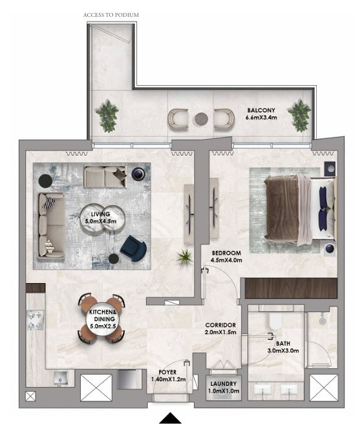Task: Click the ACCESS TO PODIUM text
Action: (111, 15)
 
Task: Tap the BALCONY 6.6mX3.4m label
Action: (261, 114)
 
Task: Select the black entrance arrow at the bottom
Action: (170, 418)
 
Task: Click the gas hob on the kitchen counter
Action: (35, 321)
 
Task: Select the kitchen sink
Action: (60, 378)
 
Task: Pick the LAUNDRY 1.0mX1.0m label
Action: (224, 387)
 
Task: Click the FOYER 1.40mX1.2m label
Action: (168, 375)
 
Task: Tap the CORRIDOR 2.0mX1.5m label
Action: (220, 328)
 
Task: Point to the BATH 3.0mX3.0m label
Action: (283, 347)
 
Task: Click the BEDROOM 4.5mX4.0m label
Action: (226, 257)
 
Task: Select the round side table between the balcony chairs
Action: (202, 118)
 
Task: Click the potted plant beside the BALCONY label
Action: (299, 115)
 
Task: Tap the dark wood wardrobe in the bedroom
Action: (291, 288)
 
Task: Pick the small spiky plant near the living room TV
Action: (184, 258)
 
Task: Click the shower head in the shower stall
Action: (322, 320)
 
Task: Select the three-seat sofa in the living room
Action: (51, 225)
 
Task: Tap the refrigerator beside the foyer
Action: (127, 379)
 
